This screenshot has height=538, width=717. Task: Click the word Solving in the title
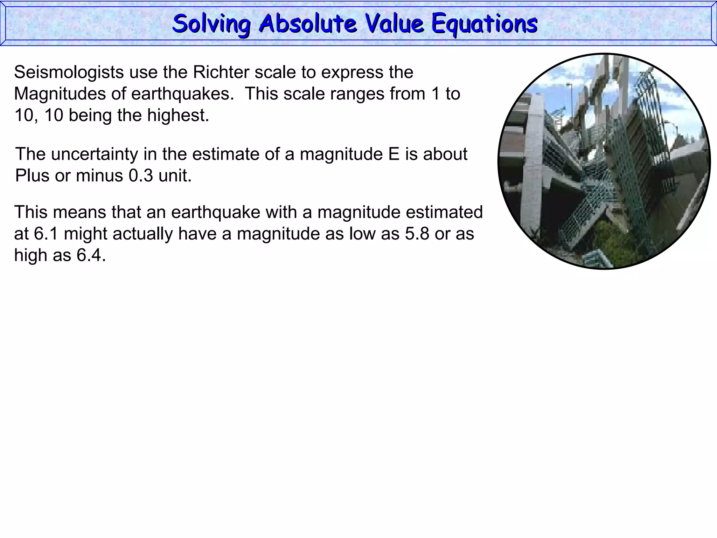point(211,24)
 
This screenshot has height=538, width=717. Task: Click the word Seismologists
point(69,73)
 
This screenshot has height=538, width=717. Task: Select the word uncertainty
point(95,154)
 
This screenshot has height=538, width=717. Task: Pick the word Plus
point(32,176)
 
